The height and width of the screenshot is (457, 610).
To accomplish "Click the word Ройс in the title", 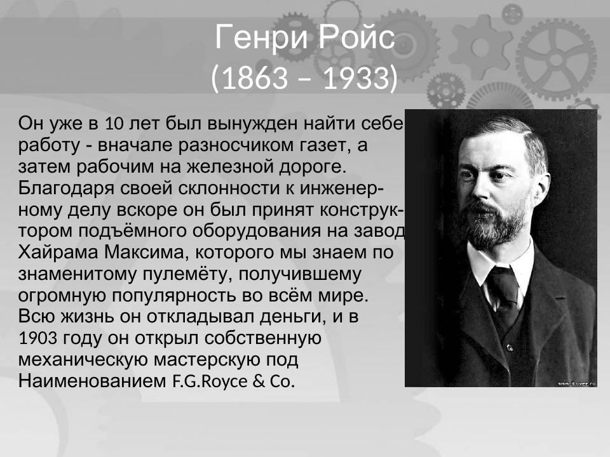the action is coord(357,37).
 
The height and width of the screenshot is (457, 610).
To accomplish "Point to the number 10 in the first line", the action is coord(114,124).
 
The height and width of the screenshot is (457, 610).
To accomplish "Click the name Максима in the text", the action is coord(146,253).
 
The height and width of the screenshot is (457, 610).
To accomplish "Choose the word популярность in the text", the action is coord(174,296).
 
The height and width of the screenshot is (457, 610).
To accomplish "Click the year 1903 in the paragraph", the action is coord(37,338).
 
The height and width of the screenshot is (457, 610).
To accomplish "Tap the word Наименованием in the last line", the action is coord(91,381).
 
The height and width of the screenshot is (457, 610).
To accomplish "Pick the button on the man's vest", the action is coord(509,347).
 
